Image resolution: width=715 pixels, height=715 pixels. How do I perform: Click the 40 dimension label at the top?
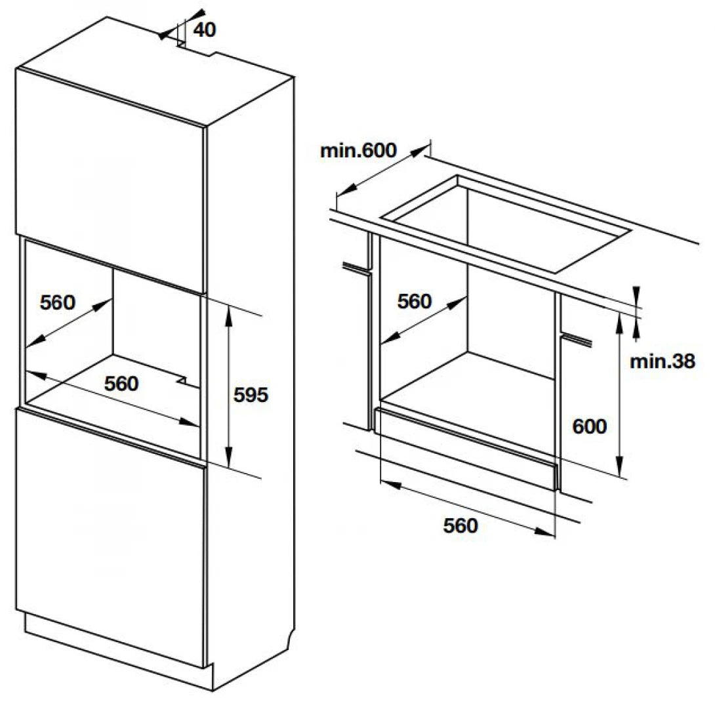pyautogui.click(x=205, y=30)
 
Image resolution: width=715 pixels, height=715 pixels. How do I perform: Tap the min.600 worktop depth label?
pyautogui.click(x=358, y=150)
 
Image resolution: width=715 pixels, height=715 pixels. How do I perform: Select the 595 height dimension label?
pyautogui.click(x=251, y=395)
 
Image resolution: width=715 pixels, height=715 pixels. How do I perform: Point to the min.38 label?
pyautogui.click(x=662, y=361)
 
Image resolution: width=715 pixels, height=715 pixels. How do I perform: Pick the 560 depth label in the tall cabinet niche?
pyautogui.click(x=58, y=302)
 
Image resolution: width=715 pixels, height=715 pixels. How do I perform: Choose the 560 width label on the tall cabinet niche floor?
pyautogui.click(x=121, y=383)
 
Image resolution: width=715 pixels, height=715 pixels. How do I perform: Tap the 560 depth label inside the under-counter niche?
pyautogui.click(x=415, y=301)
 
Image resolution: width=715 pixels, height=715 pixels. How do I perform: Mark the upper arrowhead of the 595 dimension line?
pyautogui.click(x=228, y=310)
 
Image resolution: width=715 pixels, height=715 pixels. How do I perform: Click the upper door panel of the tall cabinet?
pyautogui.click(x=108, y=177)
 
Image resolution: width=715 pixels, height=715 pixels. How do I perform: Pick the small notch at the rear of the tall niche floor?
pyautogui.click(x=183, y=378)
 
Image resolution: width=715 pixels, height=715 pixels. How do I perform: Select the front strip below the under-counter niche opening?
pyautogui.click(x=466, y=446)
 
